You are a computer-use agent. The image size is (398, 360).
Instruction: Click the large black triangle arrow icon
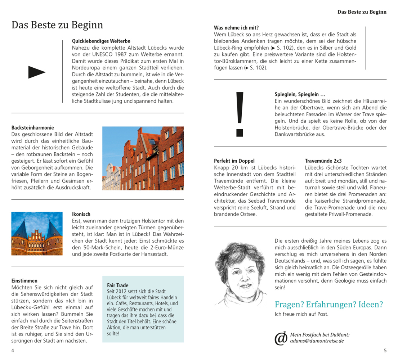[37, 72]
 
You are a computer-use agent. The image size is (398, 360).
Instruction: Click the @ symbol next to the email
[281, 338]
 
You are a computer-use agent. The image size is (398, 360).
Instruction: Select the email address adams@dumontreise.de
[317, 341]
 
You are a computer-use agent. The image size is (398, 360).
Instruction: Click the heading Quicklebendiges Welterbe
[101, 41]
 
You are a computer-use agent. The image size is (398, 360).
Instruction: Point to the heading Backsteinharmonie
[33, 127]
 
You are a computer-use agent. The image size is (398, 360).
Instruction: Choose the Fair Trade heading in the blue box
[118, 285]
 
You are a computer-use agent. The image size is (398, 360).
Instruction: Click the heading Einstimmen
[24, 280]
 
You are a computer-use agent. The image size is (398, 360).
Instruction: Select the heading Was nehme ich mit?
[236, 28]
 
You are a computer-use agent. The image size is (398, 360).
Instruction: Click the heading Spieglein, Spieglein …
[300, 94]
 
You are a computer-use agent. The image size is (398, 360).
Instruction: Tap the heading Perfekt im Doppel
[234, 161]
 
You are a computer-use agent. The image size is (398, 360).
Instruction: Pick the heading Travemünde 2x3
[323, 161]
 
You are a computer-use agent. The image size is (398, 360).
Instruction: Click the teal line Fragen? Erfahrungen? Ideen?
[329, 304]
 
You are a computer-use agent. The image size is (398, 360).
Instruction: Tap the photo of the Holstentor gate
[37, 234]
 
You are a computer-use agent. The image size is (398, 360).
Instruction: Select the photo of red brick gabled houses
[143, 158]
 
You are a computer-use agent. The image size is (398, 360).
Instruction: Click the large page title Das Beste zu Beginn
[57, 25]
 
